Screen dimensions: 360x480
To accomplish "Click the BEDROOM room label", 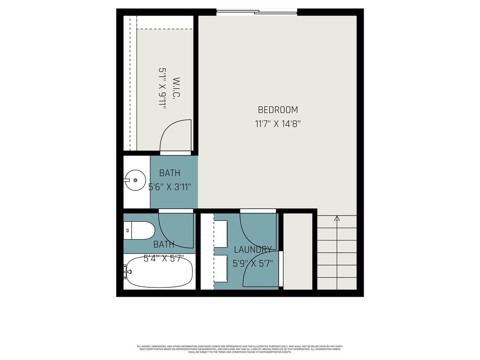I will tap(277, 110).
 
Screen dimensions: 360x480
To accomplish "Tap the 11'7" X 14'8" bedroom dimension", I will tap(277, 124).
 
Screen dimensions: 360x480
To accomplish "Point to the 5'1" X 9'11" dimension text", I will tap(163, 89).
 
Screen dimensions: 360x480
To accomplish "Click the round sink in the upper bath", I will tap(135, 180).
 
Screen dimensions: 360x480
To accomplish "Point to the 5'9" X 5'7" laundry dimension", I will tap(253, 263).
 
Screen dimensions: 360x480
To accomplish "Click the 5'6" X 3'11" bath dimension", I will tap(170, 187).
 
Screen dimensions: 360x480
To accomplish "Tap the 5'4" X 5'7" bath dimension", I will tap(164, 258).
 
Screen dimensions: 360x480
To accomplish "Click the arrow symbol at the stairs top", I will tap(337, 218).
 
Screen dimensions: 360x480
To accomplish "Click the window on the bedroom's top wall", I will tap(257, 12).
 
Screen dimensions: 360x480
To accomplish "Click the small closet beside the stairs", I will tap(298, 251).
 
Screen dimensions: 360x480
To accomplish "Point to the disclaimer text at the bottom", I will tap(240, 349).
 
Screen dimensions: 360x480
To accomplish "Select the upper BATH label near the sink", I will tap(169, 173).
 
